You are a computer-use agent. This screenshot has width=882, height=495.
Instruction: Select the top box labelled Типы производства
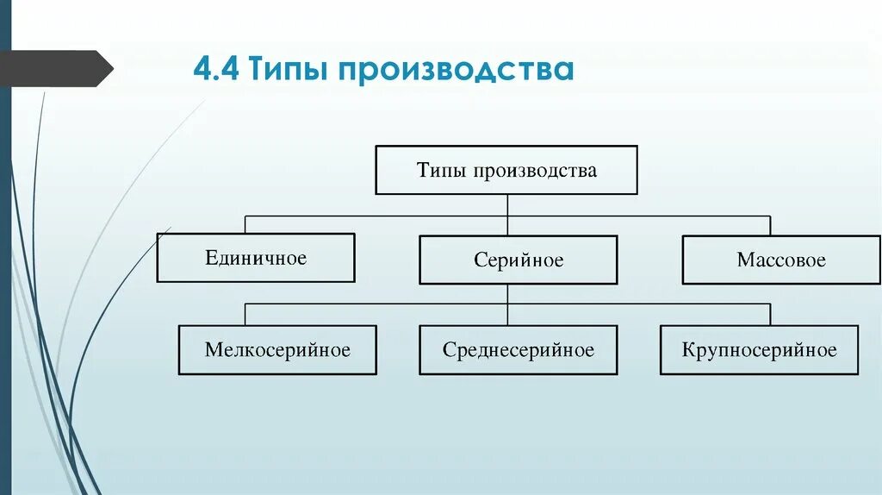pos(506,170)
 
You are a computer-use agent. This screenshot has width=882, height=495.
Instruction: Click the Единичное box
pos(256,258)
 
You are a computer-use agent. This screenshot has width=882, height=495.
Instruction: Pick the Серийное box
pos(519,260)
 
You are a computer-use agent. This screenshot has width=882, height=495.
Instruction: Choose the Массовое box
pos(781,260)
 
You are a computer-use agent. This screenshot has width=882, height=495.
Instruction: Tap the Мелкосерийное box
pos(277,350)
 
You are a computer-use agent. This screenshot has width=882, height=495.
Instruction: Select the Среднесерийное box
pos(519,350)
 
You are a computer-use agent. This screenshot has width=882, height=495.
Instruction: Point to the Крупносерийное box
pos(759,350)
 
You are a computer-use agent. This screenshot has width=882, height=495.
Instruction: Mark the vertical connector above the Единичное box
pos(245,224)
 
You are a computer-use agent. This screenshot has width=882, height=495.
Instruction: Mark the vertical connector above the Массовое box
pos(770,225)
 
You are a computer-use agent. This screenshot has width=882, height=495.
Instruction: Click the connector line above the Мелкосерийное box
pos(245,314)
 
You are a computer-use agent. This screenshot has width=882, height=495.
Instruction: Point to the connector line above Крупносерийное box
pos(770,314)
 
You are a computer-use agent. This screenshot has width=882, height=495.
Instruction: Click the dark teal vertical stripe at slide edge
pos(5,259)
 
